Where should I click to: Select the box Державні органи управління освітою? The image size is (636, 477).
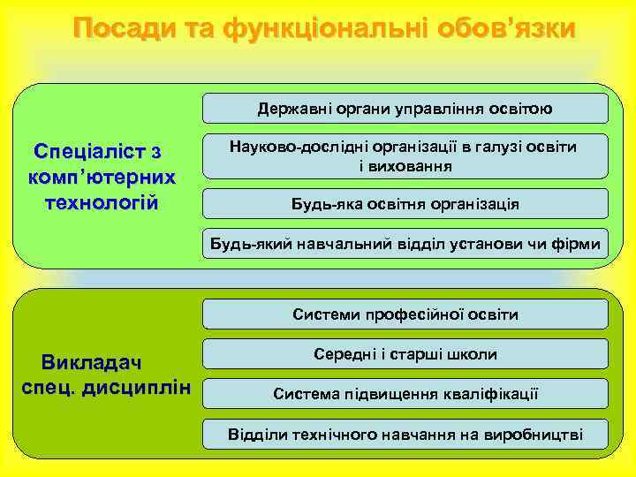[405, 109]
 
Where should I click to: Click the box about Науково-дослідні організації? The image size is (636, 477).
[405, 156]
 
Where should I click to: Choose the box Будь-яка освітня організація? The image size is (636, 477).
[405, 204]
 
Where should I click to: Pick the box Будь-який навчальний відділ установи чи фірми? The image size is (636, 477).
[405, 243]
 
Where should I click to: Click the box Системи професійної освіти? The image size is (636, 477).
[405, 314]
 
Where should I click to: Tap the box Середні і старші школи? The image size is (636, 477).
[405, 354]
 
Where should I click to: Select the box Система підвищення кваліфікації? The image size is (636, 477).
[405, 394]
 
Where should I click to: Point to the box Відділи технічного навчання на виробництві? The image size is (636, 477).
[405, 434]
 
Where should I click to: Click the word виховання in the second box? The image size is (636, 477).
[405, 165]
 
